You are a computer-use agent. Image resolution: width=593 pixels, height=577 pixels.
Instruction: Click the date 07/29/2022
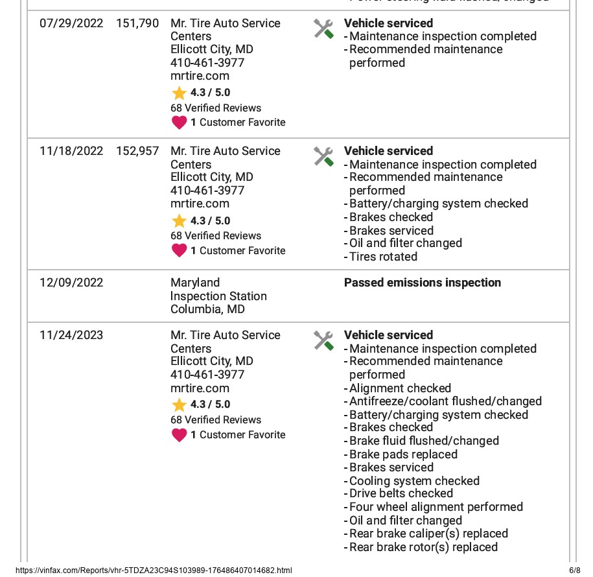coord(71,23)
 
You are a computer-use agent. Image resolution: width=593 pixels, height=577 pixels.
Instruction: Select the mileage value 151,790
coord(137,23)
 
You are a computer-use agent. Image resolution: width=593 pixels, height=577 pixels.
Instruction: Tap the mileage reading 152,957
coord(137,151)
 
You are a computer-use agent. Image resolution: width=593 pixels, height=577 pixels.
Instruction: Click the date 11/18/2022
coord(71,151)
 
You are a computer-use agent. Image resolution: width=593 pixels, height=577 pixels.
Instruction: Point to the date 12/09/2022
coord(71,283)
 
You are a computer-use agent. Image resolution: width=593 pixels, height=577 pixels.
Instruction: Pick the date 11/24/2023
coord(71,335)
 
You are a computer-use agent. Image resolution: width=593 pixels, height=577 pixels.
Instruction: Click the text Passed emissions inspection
coord(423,283)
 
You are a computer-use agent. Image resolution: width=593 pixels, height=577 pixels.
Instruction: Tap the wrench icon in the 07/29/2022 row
coord(323,29)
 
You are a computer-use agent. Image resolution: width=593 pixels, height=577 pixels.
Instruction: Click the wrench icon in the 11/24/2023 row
coord(323,340)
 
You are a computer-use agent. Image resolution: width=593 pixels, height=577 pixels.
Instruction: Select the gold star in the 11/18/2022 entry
coord(179,221)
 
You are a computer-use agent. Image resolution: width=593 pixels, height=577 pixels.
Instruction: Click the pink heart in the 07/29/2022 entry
coord(179,122)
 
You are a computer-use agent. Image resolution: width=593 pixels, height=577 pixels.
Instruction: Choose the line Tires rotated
coord(383,257)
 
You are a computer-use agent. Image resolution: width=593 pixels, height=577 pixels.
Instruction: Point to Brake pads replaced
coord(403,454)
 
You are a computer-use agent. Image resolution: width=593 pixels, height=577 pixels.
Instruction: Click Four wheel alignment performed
coord(436,507)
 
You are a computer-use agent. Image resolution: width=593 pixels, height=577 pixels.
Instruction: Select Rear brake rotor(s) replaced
coord(423,547)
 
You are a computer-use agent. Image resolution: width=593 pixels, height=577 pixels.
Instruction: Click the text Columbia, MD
coord(207,309)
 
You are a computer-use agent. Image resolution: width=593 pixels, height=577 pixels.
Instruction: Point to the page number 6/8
coord(575,571)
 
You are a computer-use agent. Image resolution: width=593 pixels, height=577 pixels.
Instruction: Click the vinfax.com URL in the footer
coord(154,571)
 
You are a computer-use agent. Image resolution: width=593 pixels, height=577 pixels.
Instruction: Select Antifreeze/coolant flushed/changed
coord(445,401)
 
